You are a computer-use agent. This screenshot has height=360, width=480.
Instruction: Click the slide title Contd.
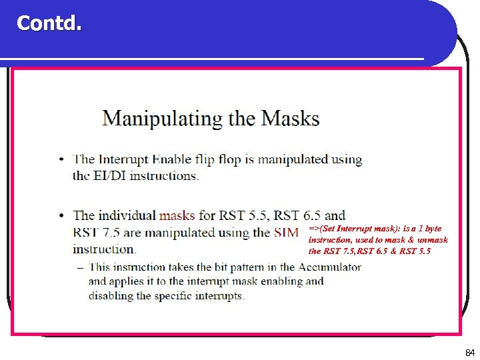(x=49, y=23)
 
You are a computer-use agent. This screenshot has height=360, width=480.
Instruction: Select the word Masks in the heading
(x=290, y=119)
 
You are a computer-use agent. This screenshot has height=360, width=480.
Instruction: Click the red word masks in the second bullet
(x=177, y=215)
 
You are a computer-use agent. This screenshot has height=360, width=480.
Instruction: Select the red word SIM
(x=286, y=233)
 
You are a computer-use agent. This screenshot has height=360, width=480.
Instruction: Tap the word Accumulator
(x=329, y=267)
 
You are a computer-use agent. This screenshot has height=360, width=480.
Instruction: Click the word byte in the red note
(x=433, y=228)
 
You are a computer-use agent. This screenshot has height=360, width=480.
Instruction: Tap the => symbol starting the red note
(x=314, y=228)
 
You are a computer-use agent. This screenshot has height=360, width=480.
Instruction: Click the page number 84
(x=469, y=351)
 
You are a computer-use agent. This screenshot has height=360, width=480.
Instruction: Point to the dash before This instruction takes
(x=80, y=268)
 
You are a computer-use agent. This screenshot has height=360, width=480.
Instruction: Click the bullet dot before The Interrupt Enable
(x=61, y=160)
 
